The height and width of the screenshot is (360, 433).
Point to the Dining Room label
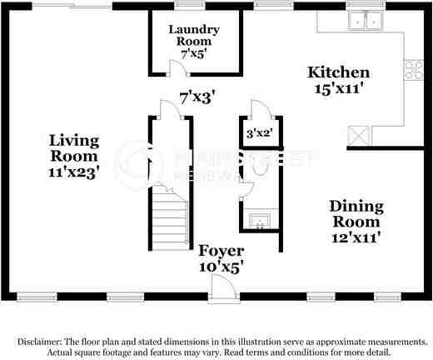(x=356, y=221)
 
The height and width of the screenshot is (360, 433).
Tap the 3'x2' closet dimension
(x=258, y=132)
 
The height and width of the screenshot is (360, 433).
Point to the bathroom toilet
(x=260, y=166)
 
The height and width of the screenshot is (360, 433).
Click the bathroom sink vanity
(x=261, y=220)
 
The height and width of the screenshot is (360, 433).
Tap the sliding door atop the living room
(x=71, y=5)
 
